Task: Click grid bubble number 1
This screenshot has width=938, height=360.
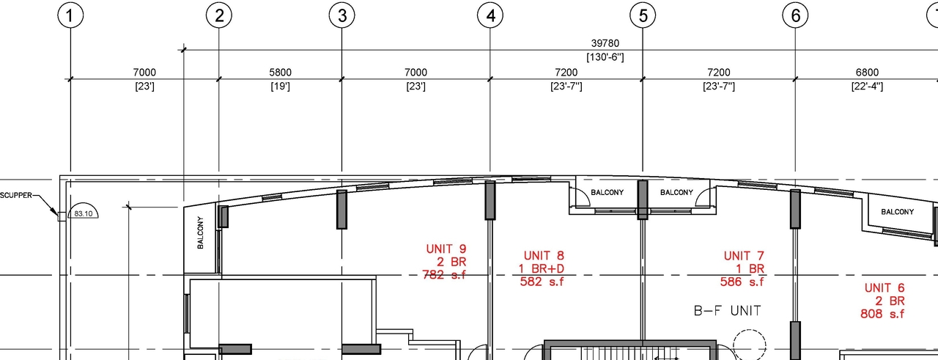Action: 70,15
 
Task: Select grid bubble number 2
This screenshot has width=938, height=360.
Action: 218,15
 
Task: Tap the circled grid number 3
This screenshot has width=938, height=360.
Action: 341,15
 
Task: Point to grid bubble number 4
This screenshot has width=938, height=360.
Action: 490,15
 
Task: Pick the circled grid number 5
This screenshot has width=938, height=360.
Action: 643,15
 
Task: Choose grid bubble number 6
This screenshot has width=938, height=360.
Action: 795,15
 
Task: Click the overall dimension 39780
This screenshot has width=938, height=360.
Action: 605,44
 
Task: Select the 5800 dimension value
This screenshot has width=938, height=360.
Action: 280,73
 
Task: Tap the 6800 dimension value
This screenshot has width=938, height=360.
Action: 867,73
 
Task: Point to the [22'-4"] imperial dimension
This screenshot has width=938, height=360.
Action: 867,87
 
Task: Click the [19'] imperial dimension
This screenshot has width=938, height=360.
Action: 280,87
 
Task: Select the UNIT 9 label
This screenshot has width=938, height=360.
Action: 446,249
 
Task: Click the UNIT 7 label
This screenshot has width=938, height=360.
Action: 744,256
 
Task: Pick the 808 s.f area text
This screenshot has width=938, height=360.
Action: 884,314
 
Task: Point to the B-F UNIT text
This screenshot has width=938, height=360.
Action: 727,311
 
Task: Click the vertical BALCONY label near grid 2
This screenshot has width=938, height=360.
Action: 200,232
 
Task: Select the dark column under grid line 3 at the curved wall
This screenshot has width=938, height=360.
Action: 341,209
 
